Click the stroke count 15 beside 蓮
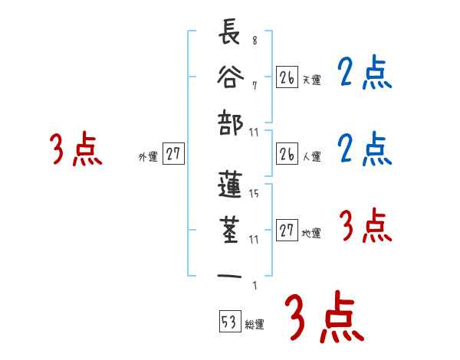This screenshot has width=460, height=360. [x=254, y=194]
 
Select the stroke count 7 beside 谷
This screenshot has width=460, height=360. [x=255, y=85]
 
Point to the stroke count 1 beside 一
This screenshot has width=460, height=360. [x=255, y=286]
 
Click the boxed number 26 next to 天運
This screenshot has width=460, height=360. [x=287, y=77]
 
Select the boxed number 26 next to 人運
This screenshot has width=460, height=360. [x=287, y=154]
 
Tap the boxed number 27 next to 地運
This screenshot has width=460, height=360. [x=287, y=231]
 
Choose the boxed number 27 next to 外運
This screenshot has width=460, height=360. [x=173, y=154]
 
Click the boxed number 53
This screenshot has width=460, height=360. [x=228, y=322]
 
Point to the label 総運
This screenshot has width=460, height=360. [x=255, y=325]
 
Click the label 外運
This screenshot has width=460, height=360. [x=148, y=157]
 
